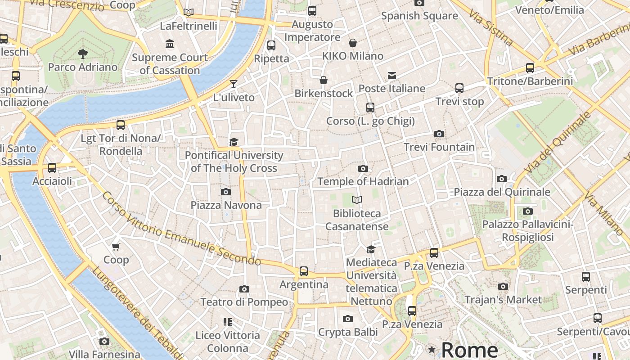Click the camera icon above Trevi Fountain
pyautogui.click(x=439, y=134)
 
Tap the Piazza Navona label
pyautogui.click(x=226, y=205)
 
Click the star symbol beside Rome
pyautogui.click(x=432, y=350)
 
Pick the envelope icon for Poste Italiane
pyautogui.click(x=392, y=75)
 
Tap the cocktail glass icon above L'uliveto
pyautogui.click(x=233, y=84)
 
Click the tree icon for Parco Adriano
pyautogui.click(x=82, y=54)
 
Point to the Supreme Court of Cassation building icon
pyautogui.click(x=170, y=44)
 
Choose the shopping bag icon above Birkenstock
pyautogui.click(x=323, y=80)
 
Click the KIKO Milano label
pyautogui.click(x=353, y=56)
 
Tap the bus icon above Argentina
pyautogui.click(x=304, y=271)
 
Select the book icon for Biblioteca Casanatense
pyautogui.click(x=357, y=200)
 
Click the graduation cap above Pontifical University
pyautogui.click(x=234, y=142)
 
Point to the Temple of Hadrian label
pyautogui.click(x=363, y=181)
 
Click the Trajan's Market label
pyautogui.click(x=503, y=300)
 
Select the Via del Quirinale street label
pyautogui.click(x=558, y=143)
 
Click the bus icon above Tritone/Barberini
pyautogui.click(x=530, y=68)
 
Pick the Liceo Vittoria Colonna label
pyautogui.click(x=228, y=342)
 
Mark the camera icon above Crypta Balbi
pyautogui.click(x=347, y=319)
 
